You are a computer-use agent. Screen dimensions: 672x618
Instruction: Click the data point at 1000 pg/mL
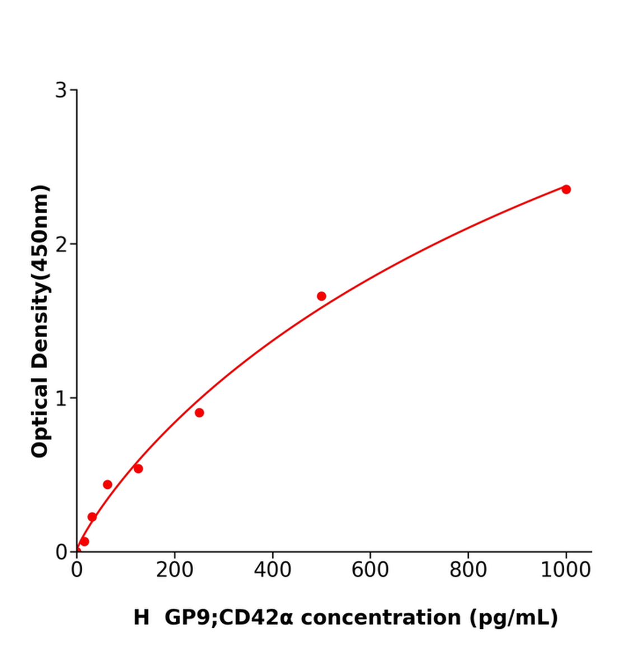click(566, 189)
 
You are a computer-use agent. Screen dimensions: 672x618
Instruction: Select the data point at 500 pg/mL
click(321, 296)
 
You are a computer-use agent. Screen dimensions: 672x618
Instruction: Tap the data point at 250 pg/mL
click(199, 413)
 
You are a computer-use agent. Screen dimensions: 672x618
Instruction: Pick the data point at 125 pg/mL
click(138, 469)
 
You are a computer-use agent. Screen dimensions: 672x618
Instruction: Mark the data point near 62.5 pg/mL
click(107, 484)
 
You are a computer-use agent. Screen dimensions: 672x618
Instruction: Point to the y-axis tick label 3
click(60, 90)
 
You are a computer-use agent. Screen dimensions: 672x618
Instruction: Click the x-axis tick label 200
click(174, 570)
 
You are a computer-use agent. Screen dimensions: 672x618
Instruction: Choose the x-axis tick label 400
click(272, 570)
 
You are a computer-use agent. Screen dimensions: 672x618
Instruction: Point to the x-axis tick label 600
click(370, 570)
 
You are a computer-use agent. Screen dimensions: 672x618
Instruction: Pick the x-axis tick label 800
click(468, 570)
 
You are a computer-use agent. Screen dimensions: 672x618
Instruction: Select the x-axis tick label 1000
click(565, 570)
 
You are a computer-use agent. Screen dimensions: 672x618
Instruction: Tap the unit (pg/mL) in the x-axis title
click(513, 618)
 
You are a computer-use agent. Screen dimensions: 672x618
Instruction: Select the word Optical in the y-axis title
click(40, 417)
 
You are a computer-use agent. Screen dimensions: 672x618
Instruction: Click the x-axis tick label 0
click(77, 570)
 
